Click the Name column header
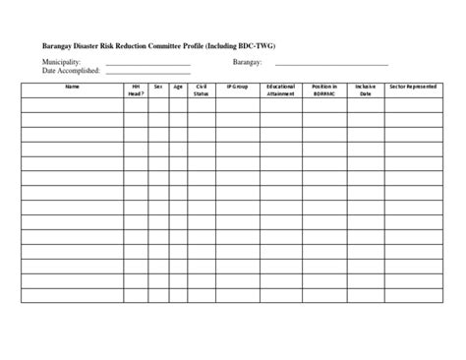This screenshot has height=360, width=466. (71, 88)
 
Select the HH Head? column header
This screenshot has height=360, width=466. (136, 90)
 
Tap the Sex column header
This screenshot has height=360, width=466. (158, 88)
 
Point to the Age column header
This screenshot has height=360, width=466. (178, 88)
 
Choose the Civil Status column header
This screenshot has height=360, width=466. (202, 90)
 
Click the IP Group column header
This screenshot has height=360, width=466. (237, 88)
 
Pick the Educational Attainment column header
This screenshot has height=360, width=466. (280, 90)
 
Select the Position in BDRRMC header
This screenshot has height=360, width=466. (324, 90)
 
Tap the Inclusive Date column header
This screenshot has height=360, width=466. (366, 90)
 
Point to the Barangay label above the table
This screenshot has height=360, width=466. (248, 62)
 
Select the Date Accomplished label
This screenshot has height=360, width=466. (72, 71)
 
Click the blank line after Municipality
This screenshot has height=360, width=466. (147, 65)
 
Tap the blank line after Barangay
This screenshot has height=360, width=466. (332, 65)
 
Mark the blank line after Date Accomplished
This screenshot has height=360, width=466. (147, 74)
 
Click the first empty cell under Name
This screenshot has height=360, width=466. (71, 104)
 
